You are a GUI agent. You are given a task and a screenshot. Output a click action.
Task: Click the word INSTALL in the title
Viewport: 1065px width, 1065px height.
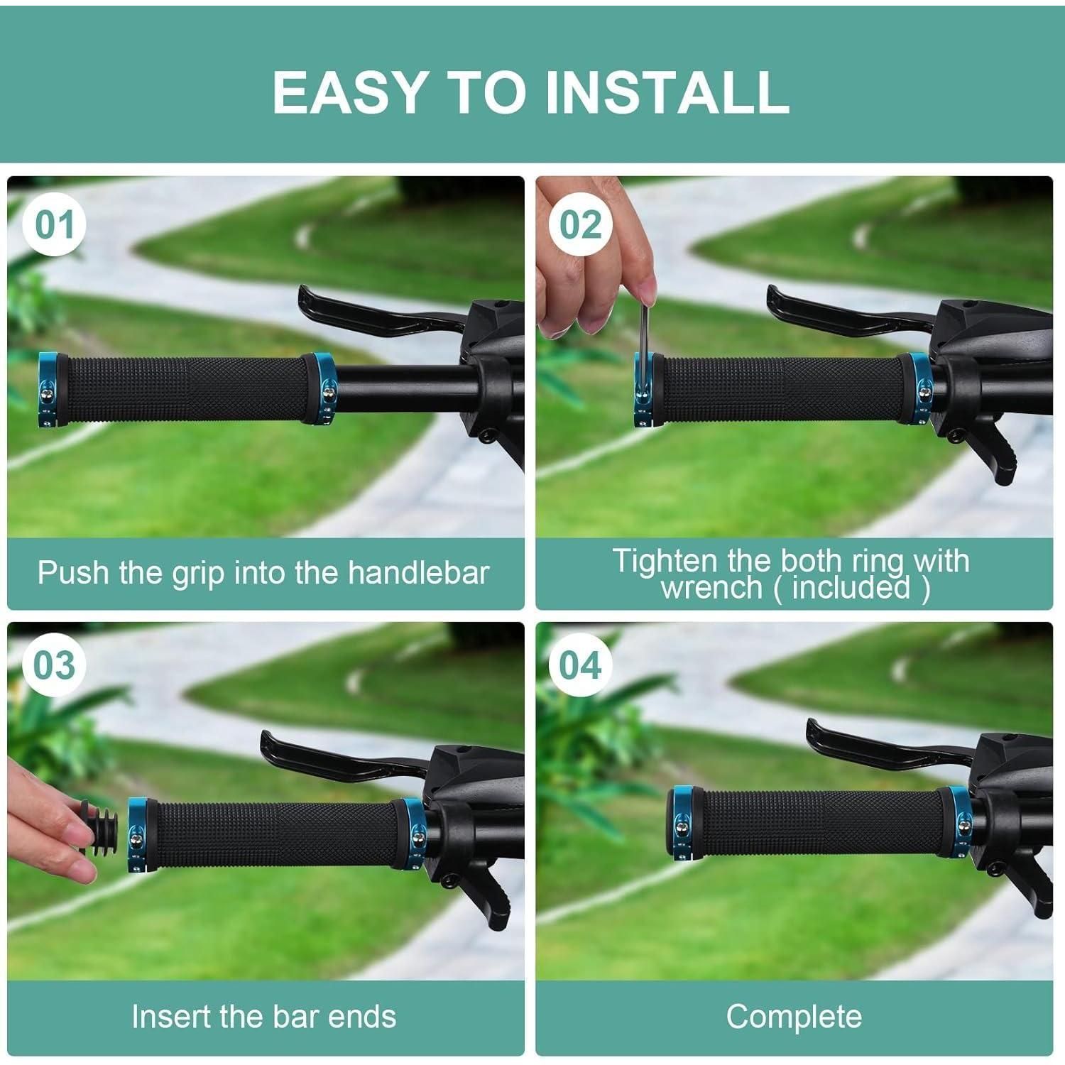click(667, 92)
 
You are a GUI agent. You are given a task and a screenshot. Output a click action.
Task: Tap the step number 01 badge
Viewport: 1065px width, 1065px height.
click(55, 225)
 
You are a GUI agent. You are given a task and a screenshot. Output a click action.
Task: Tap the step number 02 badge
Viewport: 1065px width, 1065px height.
click(581, 225)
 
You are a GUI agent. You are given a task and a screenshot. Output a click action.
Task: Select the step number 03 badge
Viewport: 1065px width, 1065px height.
click(55, 666)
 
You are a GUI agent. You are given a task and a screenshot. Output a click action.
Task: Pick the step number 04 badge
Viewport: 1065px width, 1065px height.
click(581, 666)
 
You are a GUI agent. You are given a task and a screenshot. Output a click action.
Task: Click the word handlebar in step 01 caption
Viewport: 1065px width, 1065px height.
click(419, 572)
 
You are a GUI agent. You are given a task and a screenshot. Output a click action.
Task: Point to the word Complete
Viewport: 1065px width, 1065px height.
click(794, 1017)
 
